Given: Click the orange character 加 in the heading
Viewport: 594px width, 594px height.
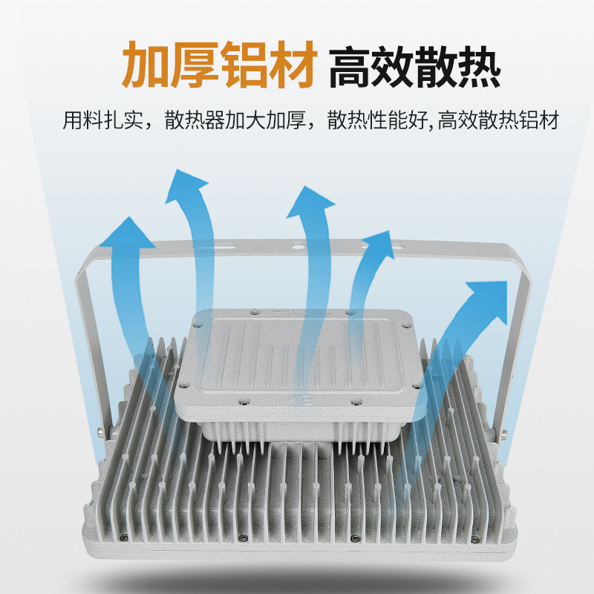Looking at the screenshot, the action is [146, 65].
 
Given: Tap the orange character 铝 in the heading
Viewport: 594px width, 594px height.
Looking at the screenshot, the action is [244, 65].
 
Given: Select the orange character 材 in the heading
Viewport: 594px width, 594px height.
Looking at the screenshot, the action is [292, 65].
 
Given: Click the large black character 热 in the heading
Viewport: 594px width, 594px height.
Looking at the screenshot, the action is [479, 67].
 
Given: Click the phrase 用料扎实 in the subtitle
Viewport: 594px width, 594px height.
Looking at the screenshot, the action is [102, 120].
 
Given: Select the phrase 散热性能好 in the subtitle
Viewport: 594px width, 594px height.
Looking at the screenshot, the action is [377, 120].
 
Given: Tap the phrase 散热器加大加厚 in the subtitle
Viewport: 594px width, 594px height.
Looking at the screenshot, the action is [235, 120].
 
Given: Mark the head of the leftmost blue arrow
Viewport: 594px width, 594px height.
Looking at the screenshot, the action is [128, 232].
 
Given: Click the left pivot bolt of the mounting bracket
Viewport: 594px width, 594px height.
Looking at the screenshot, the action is [101, 432].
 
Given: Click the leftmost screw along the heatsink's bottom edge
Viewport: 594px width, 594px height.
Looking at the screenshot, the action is [125, 536].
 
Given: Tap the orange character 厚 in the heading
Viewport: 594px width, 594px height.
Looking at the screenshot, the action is [195, 65].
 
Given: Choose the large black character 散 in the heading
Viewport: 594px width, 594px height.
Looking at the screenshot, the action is [436, 67].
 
